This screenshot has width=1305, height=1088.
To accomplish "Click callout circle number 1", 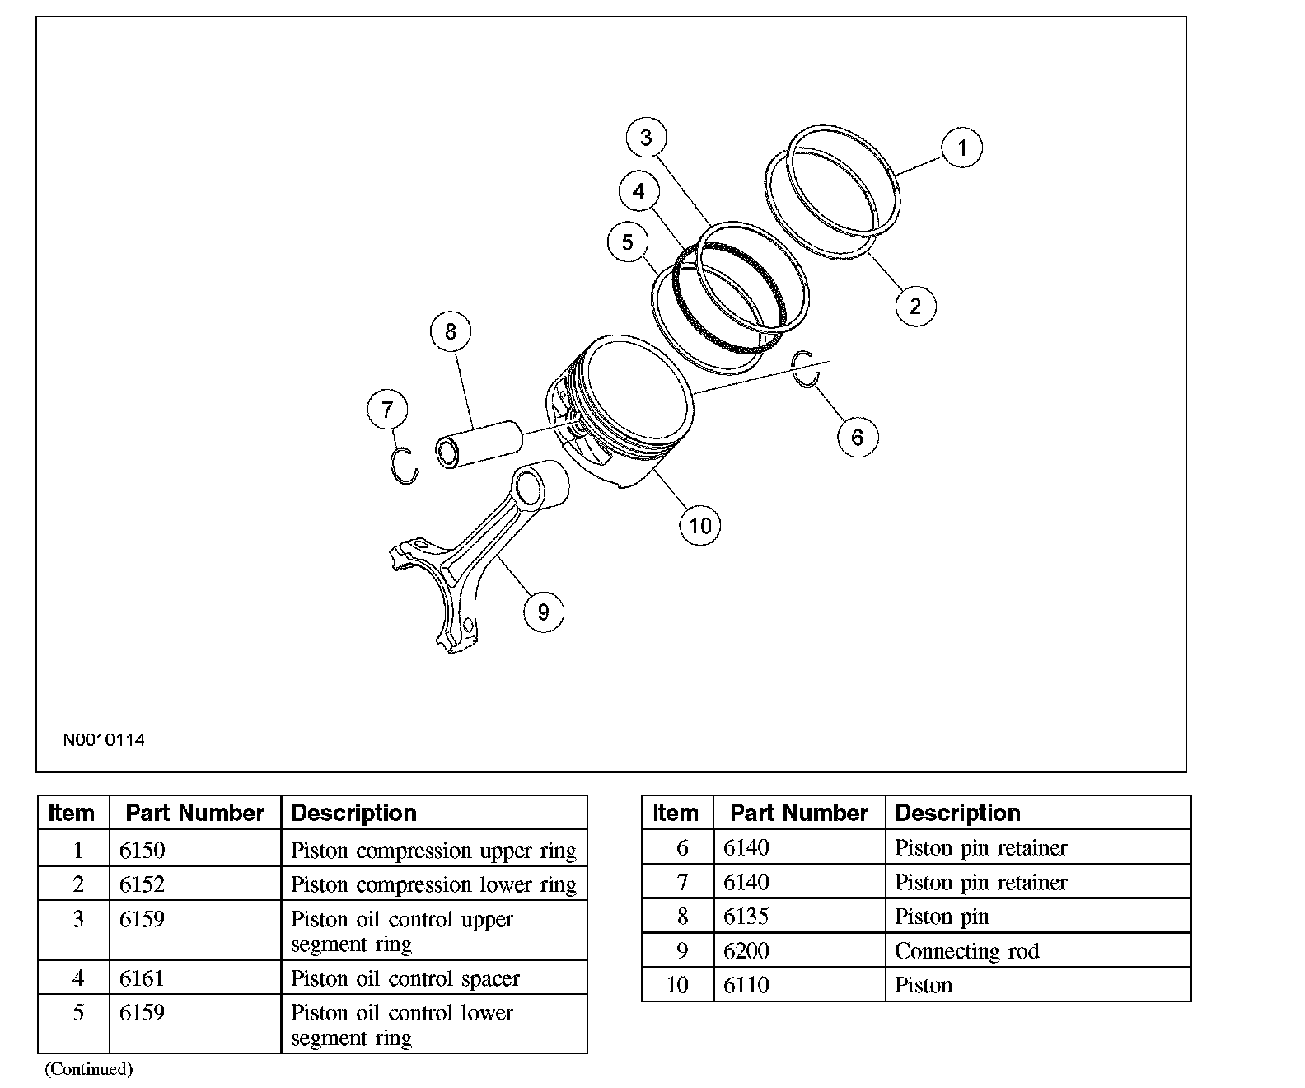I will pos(961,148).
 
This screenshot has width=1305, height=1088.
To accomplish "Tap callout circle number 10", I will pos(699,525).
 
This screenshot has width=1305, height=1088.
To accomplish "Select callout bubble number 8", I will pos(450,331).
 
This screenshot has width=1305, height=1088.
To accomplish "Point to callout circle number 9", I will pos(543,612).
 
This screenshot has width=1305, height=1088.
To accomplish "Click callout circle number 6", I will pos(857,437).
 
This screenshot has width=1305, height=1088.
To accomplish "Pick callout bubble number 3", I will pos(646,138).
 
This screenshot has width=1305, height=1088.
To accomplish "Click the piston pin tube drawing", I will pos(478,445).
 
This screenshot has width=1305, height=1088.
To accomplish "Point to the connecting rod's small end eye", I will pos(529,490).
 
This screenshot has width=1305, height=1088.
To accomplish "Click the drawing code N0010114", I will pos(104,740).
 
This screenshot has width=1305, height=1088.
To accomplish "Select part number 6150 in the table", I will pos(142,850).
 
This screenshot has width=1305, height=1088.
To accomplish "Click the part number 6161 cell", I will pos(142,978).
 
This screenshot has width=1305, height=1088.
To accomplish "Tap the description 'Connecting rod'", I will pos(966,951).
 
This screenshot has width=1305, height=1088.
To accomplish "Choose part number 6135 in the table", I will pos(746,917).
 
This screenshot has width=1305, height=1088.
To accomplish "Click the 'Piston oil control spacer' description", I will pos(405,978).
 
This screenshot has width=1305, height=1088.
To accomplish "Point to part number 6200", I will pos(746,951).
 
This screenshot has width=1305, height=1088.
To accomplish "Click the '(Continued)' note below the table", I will pos(88,1069).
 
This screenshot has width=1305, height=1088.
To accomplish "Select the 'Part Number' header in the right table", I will pos(798,814).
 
